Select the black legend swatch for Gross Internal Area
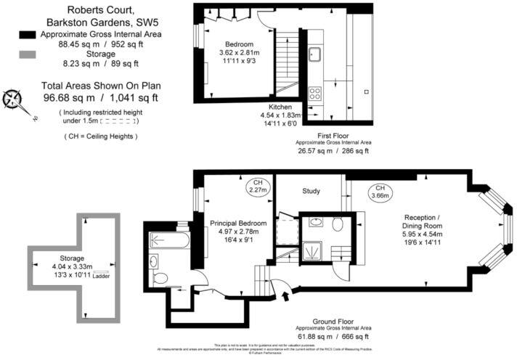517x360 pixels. click(x=28, y=35)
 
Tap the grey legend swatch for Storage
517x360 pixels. click(x=28, y=54)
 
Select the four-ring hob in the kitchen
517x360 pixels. click(x=316, y=93)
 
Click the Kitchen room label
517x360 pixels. click(x=280, y=106)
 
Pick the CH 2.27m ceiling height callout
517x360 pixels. click(x=257, y=186)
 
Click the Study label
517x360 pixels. click(x=312, y=192)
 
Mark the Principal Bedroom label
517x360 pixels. click(x=237, y=223)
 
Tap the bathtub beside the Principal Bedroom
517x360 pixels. click(x=170, y=240)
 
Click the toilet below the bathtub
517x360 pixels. click(x=161, y=277)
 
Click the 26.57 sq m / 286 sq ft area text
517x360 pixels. click(x=333, y=152)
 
